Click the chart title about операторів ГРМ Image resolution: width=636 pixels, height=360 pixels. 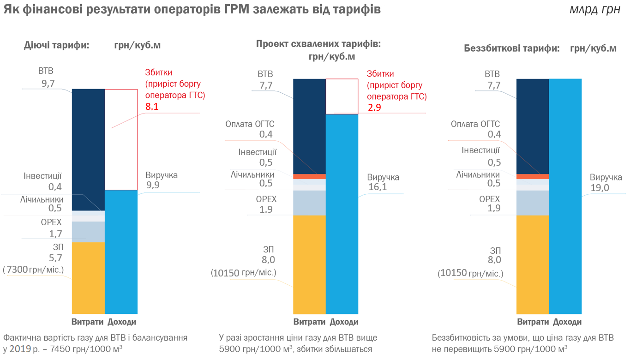[x=192, y=10]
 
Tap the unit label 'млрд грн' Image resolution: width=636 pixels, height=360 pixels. [x=595, y=10]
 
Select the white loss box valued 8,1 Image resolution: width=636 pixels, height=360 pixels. [x=121, y=139]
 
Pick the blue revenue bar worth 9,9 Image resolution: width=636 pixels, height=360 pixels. [x=121, y=252]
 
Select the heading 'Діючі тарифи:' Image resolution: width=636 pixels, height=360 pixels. [x=56, y=46]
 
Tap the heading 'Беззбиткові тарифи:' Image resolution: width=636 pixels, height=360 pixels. [x=511, y=48]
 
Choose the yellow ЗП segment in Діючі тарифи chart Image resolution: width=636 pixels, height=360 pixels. [x=88, y=277]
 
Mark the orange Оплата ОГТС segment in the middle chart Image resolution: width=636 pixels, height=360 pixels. [x=309, y=176]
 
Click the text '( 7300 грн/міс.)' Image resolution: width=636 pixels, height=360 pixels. [x=33, y=270]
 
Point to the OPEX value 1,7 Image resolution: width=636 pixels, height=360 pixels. [x=55, y=234]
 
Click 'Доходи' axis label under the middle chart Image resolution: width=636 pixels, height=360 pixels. [x=344, y=322]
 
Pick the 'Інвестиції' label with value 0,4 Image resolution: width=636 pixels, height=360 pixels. [x=42, y=176]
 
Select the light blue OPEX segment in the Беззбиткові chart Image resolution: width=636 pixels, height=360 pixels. [x=532, y=203]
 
